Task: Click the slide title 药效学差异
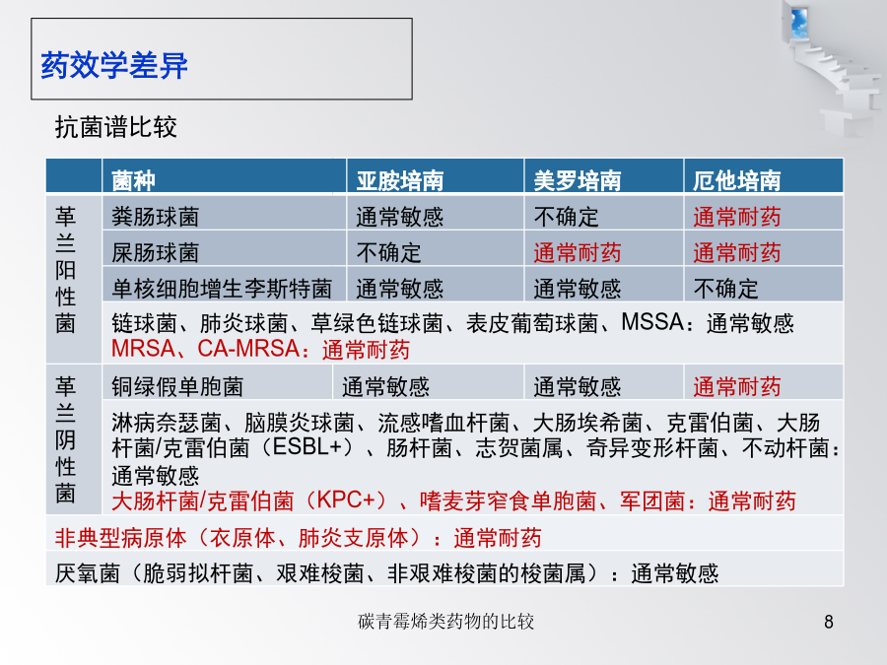(x=114, y=65)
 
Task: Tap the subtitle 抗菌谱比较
(x=116, y=127)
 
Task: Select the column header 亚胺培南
(x=400, y=180)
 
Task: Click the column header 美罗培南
(x=577, y=180)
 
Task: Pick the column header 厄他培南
(x=737, y=180)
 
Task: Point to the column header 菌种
(x=133, y=180)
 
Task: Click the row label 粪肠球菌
(x=156, y=217)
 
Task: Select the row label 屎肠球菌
(x=156, y=253)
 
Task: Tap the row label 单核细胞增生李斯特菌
(x=222, y=289)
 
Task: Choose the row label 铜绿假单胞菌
(x=177, y=387)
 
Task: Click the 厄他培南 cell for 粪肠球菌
(x=737, y=217)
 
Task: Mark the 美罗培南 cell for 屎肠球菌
(x=577, y=253)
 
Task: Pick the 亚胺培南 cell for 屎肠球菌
(x=388, y=253)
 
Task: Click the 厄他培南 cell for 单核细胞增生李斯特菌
(x=725, y=289)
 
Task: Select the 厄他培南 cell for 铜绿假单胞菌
(x=737, y=387)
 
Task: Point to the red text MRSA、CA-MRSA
(x=205, y=349)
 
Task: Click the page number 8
(x=829, y=622)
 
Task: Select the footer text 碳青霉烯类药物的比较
(x=445, y=622)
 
